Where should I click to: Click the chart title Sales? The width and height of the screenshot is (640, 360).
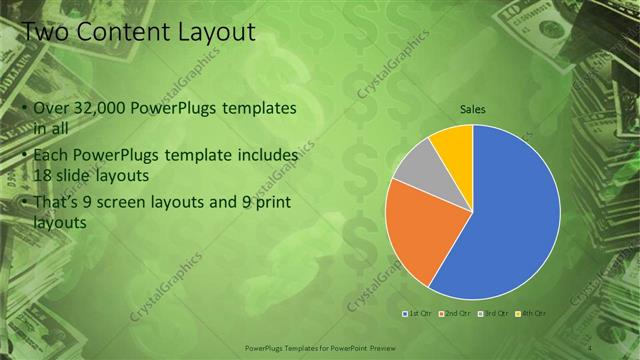[x=473, y=109]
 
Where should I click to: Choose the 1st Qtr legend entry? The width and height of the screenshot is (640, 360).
[x=419, y=314]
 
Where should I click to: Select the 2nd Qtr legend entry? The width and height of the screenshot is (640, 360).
[x=456, y=314]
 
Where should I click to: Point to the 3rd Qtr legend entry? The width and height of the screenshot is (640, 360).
[x=494, y=314]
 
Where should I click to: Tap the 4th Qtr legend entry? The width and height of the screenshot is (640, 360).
[x=531, y=314]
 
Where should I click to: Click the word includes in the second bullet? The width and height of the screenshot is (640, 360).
[x=266, y=155]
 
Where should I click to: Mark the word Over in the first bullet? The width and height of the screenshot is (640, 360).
[x=50, y=107]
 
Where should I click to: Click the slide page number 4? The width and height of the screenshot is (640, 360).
[x=591, y=348]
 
